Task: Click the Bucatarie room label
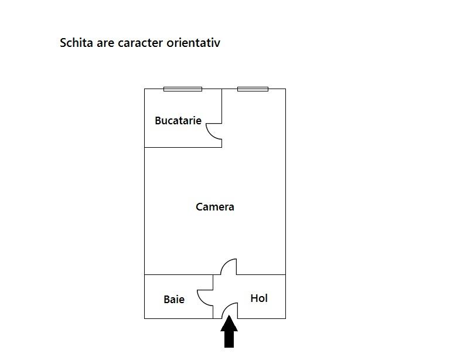[178, 121]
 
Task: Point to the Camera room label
[215, 207]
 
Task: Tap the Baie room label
[174, 300]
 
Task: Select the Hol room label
[259, 298]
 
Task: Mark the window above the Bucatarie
[183, 89]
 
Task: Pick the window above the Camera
[253, 89]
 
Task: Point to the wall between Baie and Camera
[179, 274]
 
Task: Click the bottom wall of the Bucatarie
[183, 147]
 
